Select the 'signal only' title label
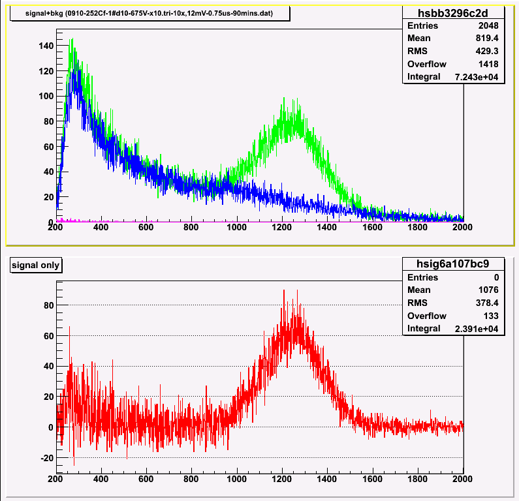tap(36, 265)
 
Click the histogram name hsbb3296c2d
tap(453, 12)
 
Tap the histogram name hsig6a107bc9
tap(453, 264)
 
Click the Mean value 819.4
tap(487, 38)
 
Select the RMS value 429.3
tap(487, 52)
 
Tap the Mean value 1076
tap(489, 290)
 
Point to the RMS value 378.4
tap(487, 303)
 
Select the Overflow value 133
tap(491, 316)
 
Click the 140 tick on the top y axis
tap(46, 46)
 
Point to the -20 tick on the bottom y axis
tap(46, 458)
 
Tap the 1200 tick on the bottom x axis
tap(282, 478)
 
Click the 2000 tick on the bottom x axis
tap(463, 478)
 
